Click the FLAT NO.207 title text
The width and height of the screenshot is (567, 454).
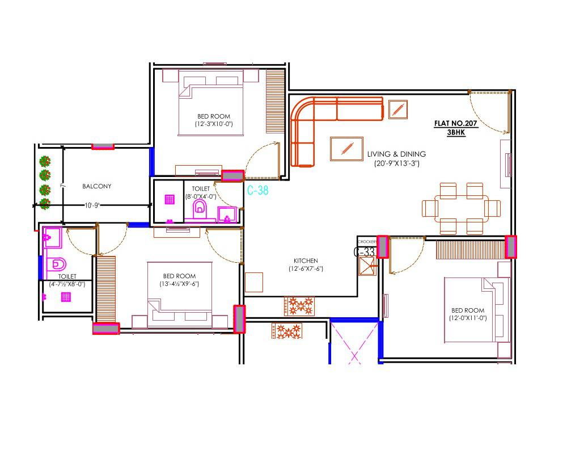click(x=456, y=123)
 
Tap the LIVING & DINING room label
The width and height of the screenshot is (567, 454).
click(x=396, y=154)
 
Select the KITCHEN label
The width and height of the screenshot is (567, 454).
click(x=306, y=260)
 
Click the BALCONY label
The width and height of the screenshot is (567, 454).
click(x=97, y=186)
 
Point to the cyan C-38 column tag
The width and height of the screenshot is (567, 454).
click(x=258, y=191)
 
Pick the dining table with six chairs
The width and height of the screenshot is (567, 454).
click(x=461, y=208)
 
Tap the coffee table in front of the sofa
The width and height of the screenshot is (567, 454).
click(x=346, y=149)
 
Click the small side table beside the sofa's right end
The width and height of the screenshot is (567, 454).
click(x=398, y=109)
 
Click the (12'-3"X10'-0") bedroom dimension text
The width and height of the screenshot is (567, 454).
click(x=214, y=124)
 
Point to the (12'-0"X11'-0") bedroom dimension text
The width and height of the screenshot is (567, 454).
click(x=468, y=318)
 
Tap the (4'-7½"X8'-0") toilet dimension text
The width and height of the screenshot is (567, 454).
click(x=67, y=284)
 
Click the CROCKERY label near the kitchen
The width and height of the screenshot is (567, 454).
click(x=367, y=242)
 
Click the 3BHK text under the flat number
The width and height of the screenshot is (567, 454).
click(x=456, y=131)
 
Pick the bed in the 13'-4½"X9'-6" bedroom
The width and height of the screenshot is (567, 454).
click(x=179, y=295)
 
